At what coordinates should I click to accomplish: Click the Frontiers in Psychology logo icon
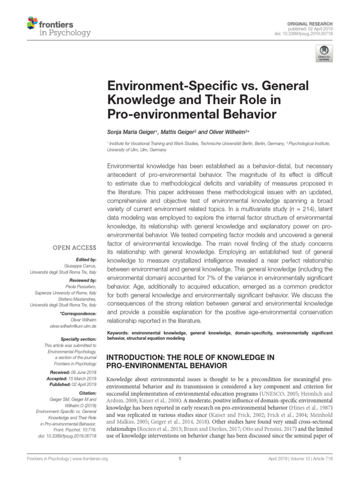(x=31, y=22)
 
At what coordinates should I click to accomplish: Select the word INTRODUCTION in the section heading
(x=136, y=357)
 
